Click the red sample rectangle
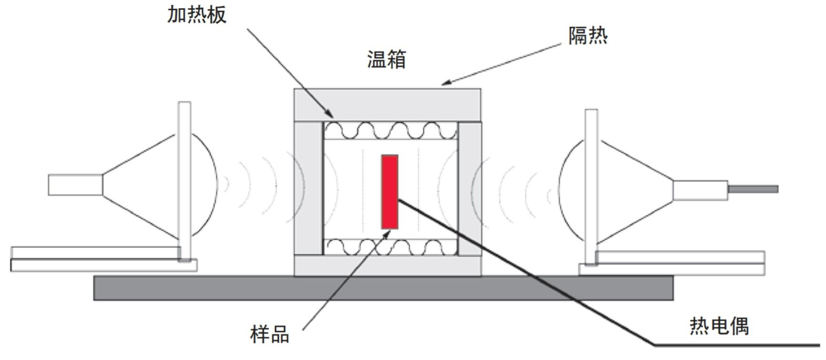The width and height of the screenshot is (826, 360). click(390, 191)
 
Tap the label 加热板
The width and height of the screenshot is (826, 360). click(197, 14)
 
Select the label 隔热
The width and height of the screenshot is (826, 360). click(588, 36)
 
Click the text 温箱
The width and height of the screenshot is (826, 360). click(386, 59)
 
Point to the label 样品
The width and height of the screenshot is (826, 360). click(270, 334)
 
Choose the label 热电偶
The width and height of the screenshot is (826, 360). click(719, 326)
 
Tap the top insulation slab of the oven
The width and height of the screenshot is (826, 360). click(387, 105)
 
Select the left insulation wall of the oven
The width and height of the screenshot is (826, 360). click(308, 188)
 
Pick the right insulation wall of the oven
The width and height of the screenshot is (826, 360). click(470, 188)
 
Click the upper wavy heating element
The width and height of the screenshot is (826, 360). click(390, 130)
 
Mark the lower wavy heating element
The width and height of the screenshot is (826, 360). click(390, 247)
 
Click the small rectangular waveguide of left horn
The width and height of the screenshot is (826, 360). click(75, 185)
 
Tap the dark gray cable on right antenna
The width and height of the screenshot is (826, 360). click(753, 189)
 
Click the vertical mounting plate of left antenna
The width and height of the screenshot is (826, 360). click(185, 181)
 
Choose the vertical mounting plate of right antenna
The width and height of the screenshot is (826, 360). click(591, 185)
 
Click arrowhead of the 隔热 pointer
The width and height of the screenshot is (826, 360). click(444, 84)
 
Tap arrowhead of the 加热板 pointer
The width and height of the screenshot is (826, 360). click(331, 116)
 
